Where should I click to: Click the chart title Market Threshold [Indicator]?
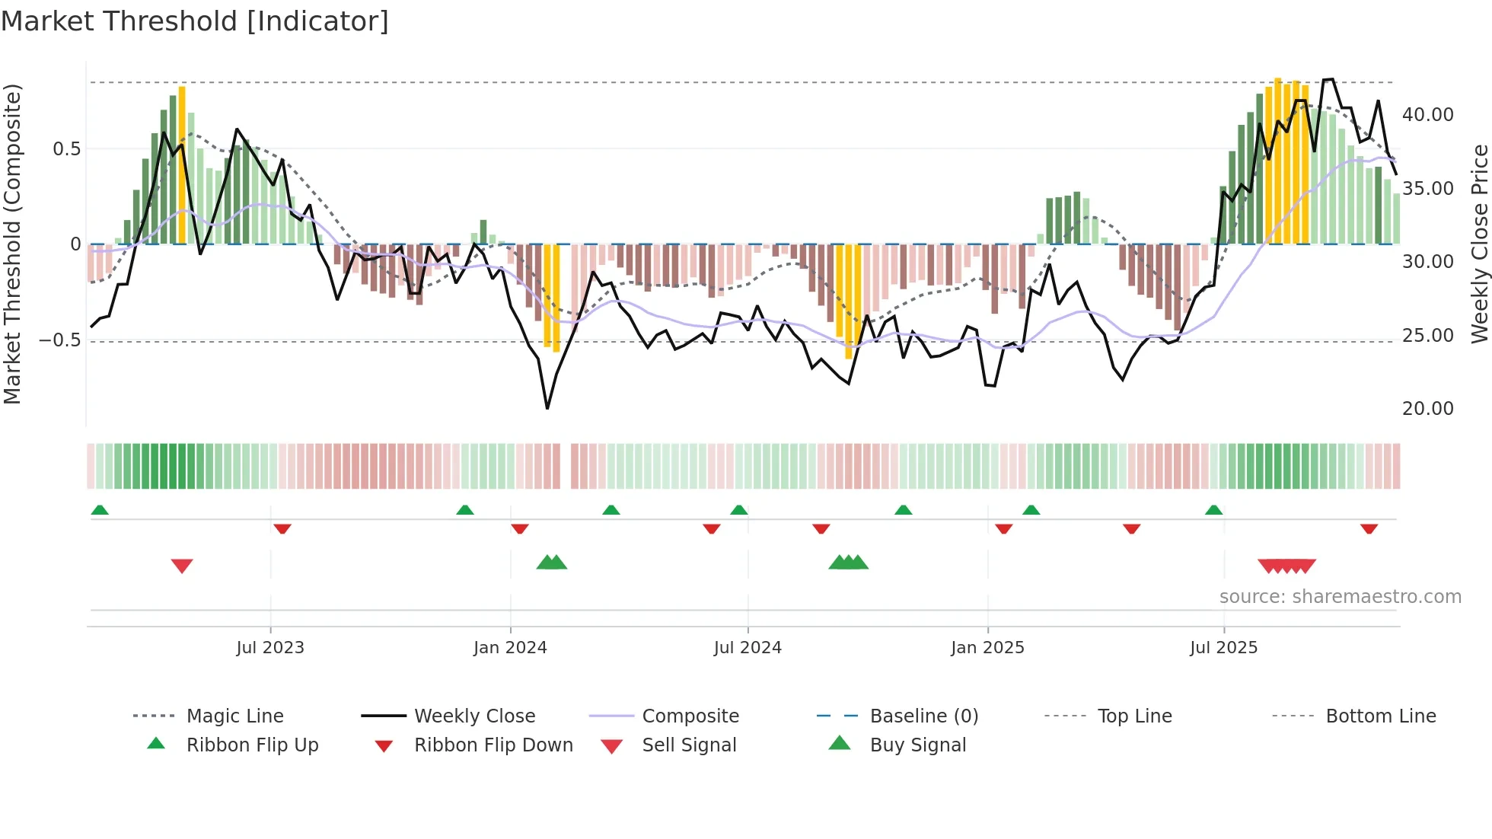pos(195,21)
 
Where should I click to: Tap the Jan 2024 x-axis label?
pos(510,647)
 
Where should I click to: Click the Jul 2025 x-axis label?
pos(1223,647)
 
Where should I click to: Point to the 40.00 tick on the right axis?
pos(1427,114)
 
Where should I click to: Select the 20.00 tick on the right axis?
pos(1427,409)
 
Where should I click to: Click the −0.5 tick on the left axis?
pos(59,340)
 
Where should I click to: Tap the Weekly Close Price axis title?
pos(1478,244)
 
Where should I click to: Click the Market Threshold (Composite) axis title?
pos(12,244)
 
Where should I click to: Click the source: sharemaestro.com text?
pos(1340,596)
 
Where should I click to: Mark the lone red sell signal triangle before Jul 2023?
pos(182,566)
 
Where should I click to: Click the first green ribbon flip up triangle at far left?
pos(100,510)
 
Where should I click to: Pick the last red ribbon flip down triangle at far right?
pos(1369,528)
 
